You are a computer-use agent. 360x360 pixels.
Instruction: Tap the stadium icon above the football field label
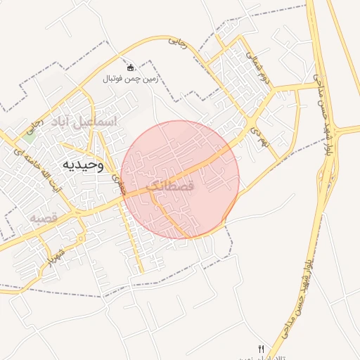131,67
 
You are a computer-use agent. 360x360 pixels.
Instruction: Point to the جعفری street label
118,184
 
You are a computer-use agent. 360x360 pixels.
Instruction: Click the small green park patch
30,129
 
